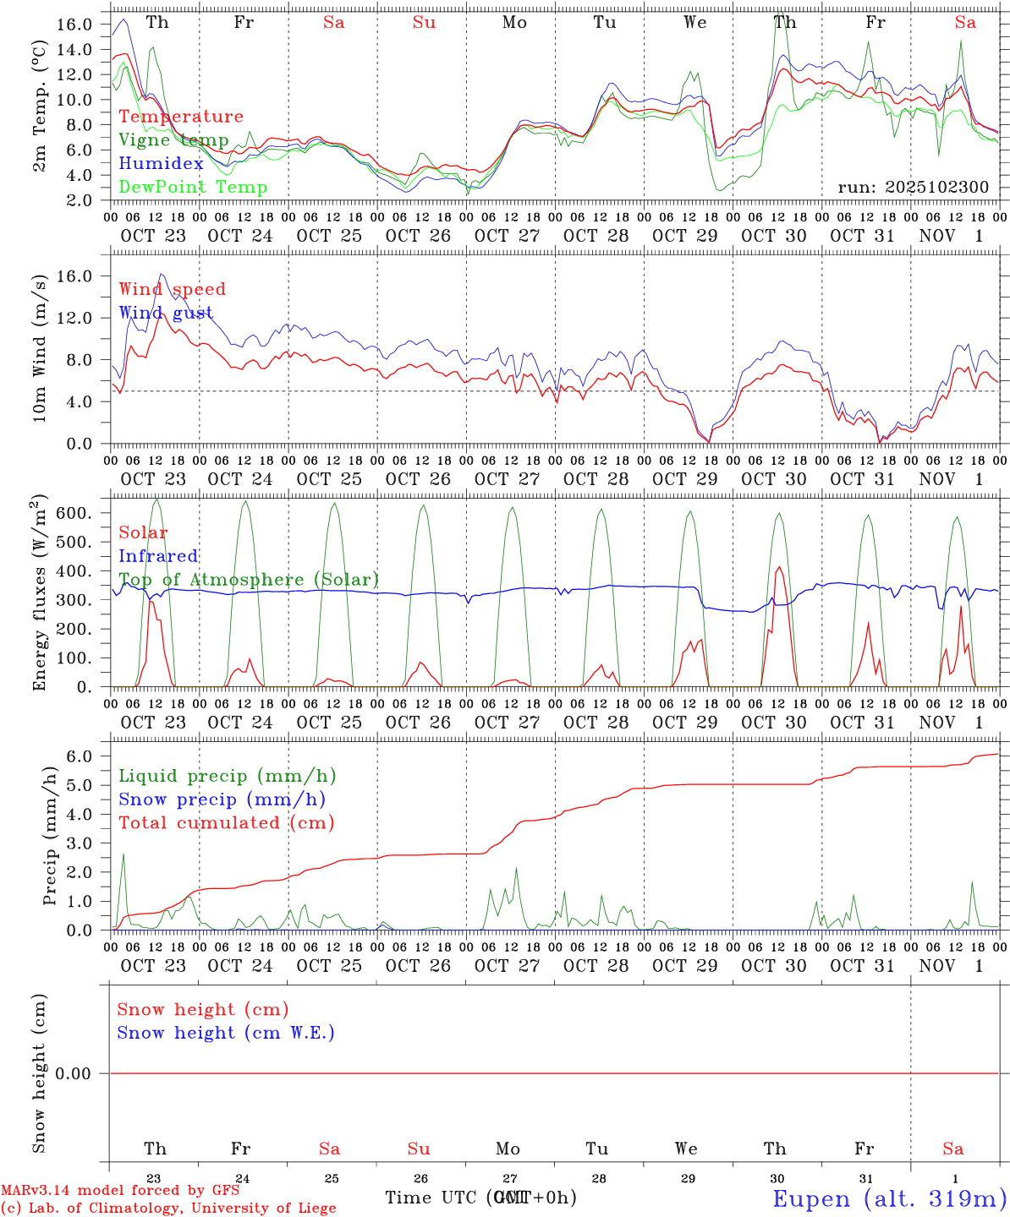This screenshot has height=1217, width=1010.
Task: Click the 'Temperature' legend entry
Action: [x=180, y=117]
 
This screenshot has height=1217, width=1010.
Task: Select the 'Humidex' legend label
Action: [x=161, y=164]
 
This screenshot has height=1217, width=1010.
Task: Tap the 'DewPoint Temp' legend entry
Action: [x=193, y=188]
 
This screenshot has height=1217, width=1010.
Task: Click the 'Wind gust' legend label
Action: [x=166, y=313]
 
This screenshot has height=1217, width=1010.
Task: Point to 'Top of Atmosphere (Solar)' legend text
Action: [x=249, y=580]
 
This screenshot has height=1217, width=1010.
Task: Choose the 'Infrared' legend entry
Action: [x=158, y=556]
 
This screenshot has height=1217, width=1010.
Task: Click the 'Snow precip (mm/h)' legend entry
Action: [x=222, y=800]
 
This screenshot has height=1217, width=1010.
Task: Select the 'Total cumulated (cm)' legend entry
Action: [x=226, y=823]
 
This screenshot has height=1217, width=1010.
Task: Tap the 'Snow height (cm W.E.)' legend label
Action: [x=226, y=1033]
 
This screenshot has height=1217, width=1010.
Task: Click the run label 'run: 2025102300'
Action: [x=913, y=188]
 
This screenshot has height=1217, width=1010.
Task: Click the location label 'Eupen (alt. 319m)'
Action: [x=889, y=1198]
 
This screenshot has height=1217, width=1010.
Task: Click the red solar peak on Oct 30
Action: [x=778, y=568]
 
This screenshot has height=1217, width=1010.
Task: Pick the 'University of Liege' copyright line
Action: [x=168, y=1209]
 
